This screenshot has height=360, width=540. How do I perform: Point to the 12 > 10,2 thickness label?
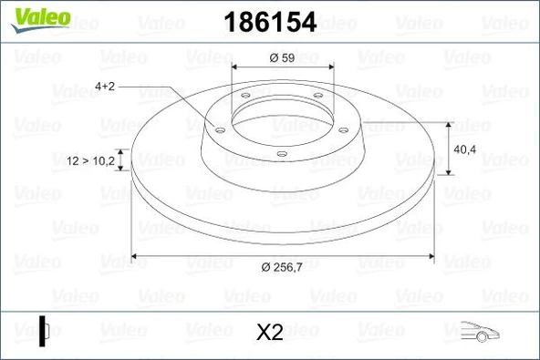(x=90, y=160)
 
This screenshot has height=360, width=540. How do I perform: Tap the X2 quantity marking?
(x=270, y=334)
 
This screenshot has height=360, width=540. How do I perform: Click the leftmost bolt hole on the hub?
(x=219, y=129)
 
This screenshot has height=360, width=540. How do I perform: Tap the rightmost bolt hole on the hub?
(x=343, y=129)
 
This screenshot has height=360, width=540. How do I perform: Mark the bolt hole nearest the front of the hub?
(x=282, y=154)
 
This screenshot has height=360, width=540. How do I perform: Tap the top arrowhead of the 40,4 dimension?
(x=451, y=123)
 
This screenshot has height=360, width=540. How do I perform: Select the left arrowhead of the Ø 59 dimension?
(x=236, y=67)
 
